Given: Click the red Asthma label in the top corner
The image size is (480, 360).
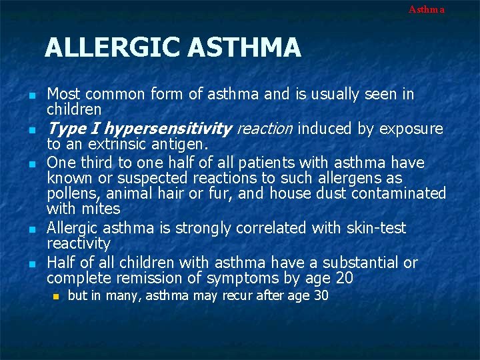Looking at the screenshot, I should click(426, 9).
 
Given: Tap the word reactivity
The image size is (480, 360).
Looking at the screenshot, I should click(79, 244).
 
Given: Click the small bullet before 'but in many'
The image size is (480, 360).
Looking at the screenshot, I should click(57, 296).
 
